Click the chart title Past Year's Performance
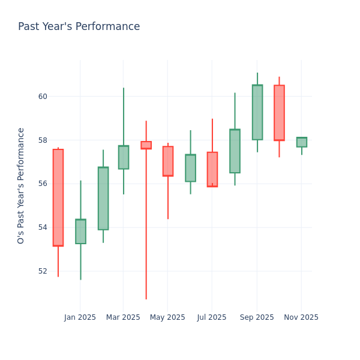click(x=79, y=27)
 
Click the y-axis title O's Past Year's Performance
click(x=21, y=185)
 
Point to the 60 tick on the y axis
click(x=43, y=97)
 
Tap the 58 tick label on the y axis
click(x=43, y=140)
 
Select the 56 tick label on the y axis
click(x=43, y=184)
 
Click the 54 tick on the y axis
click(x=43, y=227)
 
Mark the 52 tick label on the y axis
click(x=43, y=271)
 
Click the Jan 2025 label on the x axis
click(x=80, y=317)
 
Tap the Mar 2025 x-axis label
click(x=123, y=317)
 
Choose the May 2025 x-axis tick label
click(x=167, y=317)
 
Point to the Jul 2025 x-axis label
click(x=212, y=317)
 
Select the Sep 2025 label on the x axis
click(x=257, y=317)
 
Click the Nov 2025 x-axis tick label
click(x=301, y=317)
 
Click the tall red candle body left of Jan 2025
click(x=58, y=197)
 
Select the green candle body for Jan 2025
click(x=80, y=232)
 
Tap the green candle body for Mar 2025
click(x=123, y=157)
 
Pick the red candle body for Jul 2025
click(x=212, y=169)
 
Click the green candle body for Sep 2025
click(x=257, y=112)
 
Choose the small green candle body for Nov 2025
click(x=301, y=142)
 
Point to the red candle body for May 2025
click(x=168, y=161)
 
